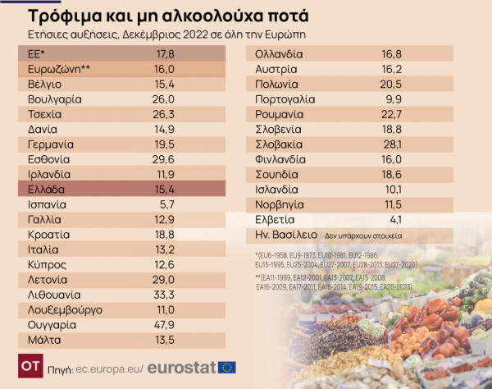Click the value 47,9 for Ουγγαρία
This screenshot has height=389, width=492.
[x=165, y=324]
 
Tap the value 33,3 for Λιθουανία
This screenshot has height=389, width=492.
[x=165, y=295]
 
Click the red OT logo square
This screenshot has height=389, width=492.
[x=31, y=366]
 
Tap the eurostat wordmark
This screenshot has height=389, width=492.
[x=181, y=367]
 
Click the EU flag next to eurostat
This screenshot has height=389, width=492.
[x=227, y=367]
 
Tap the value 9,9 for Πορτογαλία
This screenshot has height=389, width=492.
[x=397, y=98]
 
